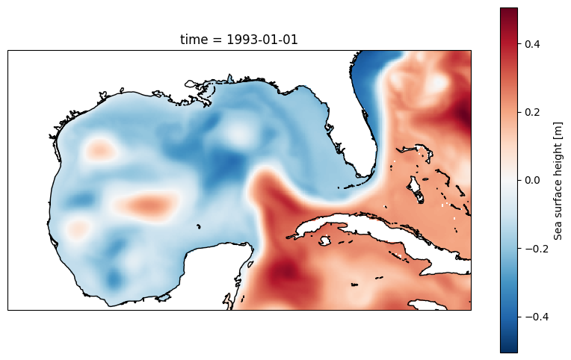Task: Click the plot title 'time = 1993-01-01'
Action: pyautogui.click(x=239, y=40)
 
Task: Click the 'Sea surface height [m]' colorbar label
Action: pyautogui.click(x=558, y=180)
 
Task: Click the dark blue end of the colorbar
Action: pyautogui.click(x=508, y=348)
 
